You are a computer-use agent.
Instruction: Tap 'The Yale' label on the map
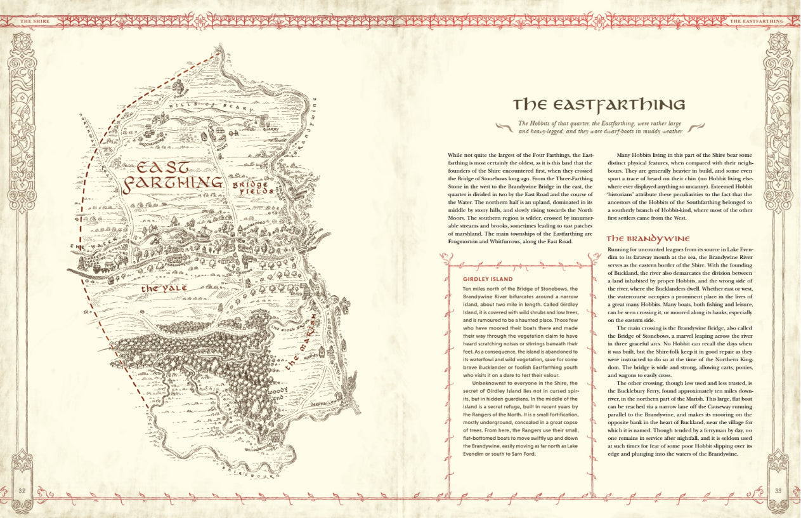pos(164,288)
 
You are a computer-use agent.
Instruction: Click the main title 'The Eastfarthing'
pos(599,104)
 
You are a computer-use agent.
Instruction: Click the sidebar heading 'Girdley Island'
pos(488,279)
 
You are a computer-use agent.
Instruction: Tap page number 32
pos(22,490)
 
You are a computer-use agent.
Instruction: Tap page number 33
pos(779,490)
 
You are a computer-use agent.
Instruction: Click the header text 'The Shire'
pos(35,21)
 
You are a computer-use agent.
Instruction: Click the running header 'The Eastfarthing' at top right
pos(757,21)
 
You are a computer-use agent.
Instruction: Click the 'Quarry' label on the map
pos(271,126)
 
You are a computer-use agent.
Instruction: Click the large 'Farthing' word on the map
pos(173,184)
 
